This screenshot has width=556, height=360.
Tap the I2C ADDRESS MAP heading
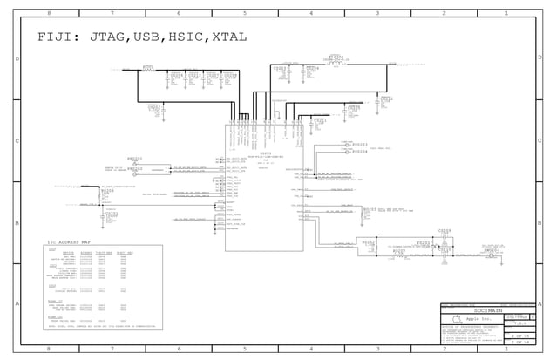(76, 241)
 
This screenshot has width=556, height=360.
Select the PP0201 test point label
(134, 160)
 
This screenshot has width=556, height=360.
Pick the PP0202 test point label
(134, 167)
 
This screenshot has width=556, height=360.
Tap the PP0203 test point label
(359, 144)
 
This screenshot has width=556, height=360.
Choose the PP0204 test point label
(359, 152)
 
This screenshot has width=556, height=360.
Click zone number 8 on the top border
(48, 14)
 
